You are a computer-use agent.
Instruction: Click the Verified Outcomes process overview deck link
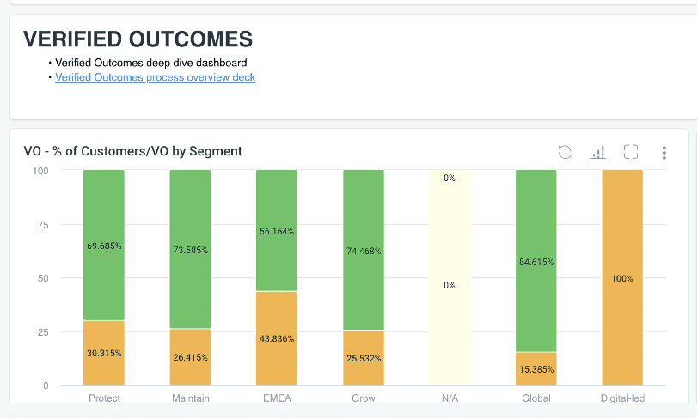tap(155, 77)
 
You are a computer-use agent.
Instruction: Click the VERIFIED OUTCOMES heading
tap(138, 39)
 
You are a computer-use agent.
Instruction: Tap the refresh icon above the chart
tap(565, 152)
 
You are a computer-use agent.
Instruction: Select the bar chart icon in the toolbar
tap(597, 152)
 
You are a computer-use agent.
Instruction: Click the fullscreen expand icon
tap(631, 152)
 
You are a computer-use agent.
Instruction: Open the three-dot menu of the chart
tap(664, 152)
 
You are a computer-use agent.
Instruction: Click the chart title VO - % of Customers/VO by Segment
tap(133, 151)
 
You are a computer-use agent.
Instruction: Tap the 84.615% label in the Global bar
tap(536, 262)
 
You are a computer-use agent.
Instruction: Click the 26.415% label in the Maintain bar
tap(190, 357)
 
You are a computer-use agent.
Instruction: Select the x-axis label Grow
tap(364, 398)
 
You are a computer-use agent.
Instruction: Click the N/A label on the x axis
tap(450, 398)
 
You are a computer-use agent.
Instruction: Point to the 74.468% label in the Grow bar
tap(364, 251)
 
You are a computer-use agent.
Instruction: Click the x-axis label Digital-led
tap(622, 398)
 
